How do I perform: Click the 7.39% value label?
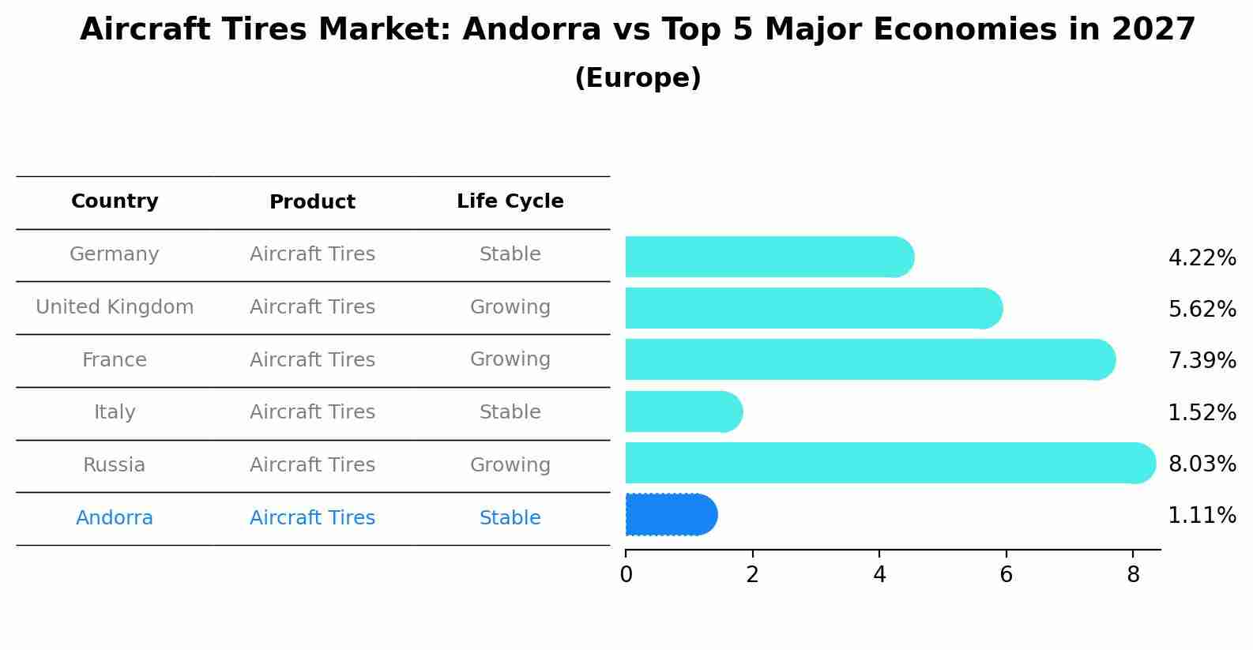coord(1202,361)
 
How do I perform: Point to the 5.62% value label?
coord(1202,309)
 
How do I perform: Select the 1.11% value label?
coord(1202,516)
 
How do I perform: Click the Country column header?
coord(115,201)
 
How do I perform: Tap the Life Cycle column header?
coord(510,201)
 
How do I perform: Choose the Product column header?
coord(312,202)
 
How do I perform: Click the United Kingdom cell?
coord(115,307)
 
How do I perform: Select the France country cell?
coord(115,360)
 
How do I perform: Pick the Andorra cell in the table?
coord(115,518)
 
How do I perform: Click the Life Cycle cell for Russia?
coord(510,465)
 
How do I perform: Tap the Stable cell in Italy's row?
coord(510,412)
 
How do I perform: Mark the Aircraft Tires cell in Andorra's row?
coord(312,518)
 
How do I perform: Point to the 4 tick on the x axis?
coord(879,574)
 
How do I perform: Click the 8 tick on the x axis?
coord(1133,574)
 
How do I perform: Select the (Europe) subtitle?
coord(638,78)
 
